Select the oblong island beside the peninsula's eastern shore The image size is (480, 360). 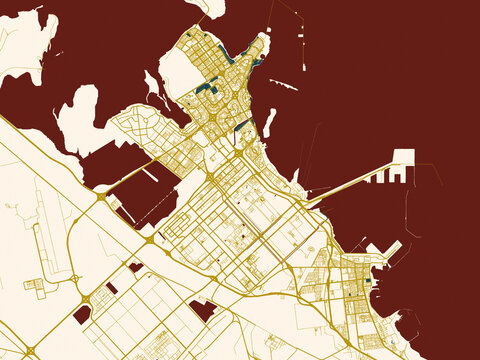point(268,122)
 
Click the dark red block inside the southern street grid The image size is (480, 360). point(204,311)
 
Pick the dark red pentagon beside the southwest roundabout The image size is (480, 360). point(82,314)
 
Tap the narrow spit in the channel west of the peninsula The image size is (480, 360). point(152,83)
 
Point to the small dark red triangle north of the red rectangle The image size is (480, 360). point(134,268)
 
